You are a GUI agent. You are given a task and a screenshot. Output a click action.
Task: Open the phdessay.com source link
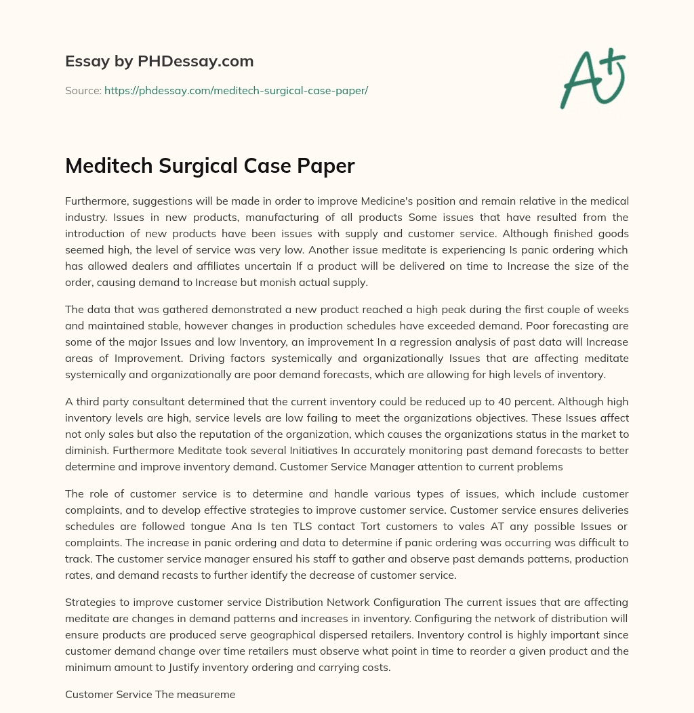236,90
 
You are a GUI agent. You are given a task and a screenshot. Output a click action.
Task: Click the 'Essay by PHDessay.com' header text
159,62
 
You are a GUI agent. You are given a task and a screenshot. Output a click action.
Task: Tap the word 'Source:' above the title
83,90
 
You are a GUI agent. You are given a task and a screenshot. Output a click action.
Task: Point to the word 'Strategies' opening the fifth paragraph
89,603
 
